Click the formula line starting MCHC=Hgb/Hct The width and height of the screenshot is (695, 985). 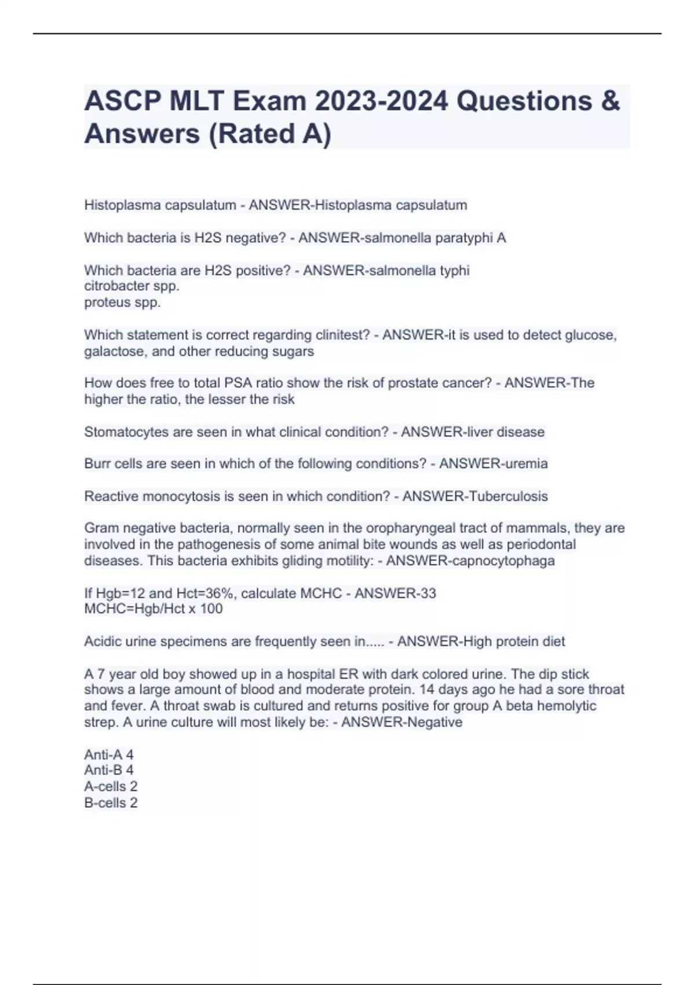pyautogui.click(x=153, y=609)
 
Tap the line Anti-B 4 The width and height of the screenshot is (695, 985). pyautogui.click(x=109, y=770)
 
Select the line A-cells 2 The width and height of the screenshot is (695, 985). pyautogui.click(x=111, y=786)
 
